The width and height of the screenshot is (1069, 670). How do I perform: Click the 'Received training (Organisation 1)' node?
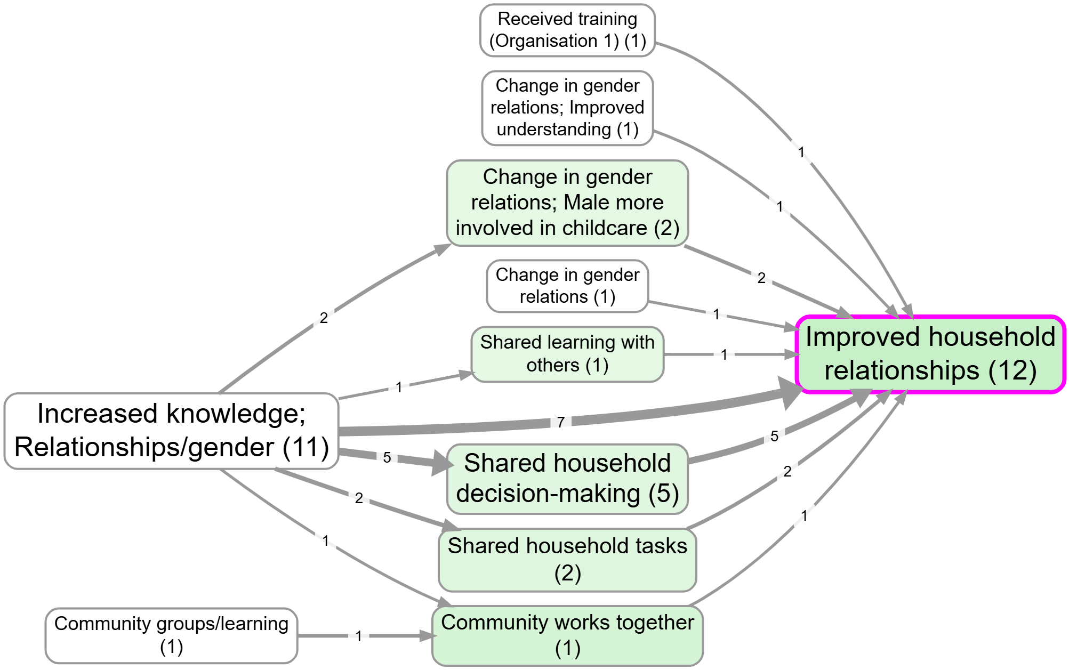(567, 30)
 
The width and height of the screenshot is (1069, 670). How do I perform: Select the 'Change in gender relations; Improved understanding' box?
(567, 108)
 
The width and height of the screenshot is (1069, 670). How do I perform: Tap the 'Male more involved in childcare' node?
(567, 203)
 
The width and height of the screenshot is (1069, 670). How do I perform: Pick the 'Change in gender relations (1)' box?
(567, 286)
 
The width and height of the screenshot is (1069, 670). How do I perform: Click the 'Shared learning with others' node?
(567, 354)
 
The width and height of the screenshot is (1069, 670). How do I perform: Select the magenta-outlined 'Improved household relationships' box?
(930, 354)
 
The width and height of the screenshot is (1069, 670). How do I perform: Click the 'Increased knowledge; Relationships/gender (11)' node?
(171, 431)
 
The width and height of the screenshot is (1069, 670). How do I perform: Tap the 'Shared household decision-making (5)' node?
(567, 478)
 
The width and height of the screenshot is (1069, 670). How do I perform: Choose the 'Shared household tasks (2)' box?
(567, 559)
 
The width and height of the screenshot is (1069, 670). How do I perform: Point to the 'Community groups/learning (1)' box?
(171, 635)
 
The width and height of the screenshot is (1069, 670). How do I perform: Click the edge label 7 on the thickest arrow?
(560, 422)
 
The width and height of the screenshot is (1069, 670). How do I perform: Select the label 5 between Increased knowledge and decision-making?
(387, 457)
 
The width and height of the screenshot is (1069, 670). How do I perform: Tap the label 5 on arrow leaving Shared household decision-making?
(774, 436)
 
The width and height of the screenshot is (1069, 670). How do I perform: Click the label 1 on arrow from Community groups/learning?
(359, 636)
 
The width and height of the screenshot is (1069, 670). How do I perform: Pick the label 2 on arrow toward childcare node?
(324, 318)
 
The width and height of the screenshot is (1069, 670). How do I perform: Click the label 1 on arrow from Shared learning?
(724, 354)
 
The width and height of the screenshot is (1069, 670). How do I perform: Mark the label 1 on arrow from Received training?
(801, 152)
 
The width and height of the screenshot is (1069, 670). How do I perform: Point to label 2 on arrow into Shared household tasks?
(359, 498)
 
